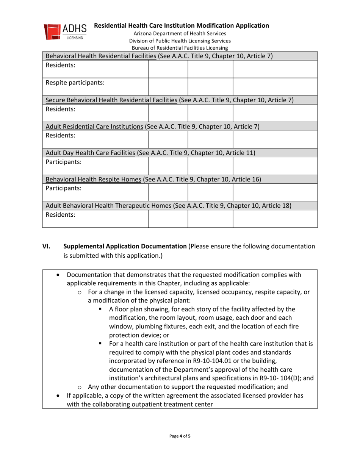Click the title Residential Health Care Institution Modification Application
click(x=182, y=26)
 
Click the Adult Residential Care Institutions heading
click(x=95, y=126)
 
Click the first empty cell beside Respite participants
click(x=168, y=86)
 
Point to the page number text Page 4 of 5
click(x=180, y=436)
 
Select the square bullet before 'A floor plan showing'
click(x=101, y=309)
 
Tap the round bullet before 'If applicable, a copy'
click(x=58, y=396)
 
